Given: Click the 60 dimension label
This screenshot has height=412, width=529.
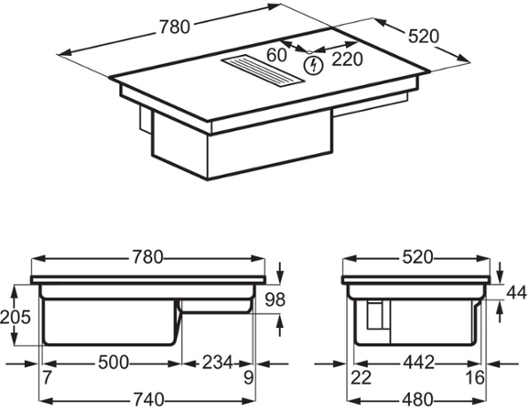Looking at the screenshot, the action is (x=276, y=55).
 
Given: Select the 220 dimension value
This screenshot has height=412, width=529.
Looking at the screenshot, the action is (x=347, y=60).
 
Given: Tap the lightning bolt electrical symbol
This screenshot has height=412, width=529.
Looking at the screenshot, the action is (x=313, y=65).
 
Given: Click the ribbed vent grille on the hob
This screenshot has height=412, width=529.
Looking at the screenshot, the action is (x=264, y=72).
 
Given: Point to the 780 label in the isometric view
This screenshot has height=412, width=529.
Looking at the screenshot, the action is (x=175, y=27).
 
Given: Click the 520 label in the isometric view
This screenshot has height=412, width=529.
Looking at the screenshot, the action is (x=424, y=37).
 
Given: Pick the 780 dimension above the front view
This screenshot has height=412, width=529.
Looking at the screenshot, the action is (x=147, y=257).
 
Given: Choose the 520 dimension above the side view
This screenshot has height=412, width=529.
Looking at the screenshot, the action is (x=417, y=257).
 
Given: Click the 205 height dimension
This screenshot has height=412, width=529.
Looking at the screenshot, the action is (x=16, y=317).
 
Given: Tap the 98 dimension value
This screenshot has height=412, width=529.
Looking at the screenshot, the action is (x=275, y=299).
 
